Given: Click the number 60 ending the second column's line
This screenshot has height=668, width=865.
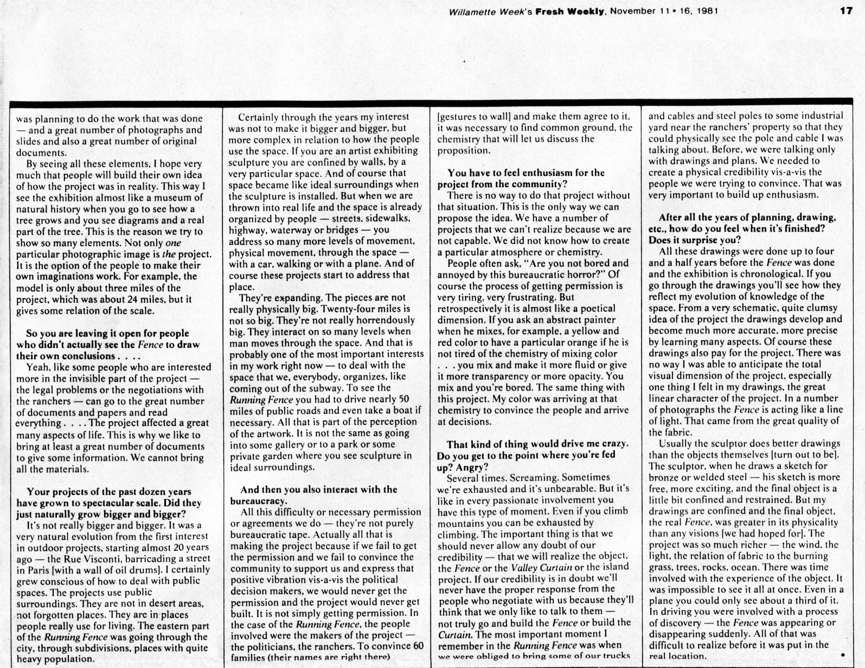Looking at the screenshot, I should [x=418, y=646].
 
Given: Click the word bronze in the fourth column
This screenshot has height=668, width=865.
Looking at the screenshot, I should [x=664, y=478].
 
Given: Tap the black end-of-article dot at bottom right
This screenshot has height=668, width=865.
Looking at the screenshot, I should [x=842, y=654].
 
